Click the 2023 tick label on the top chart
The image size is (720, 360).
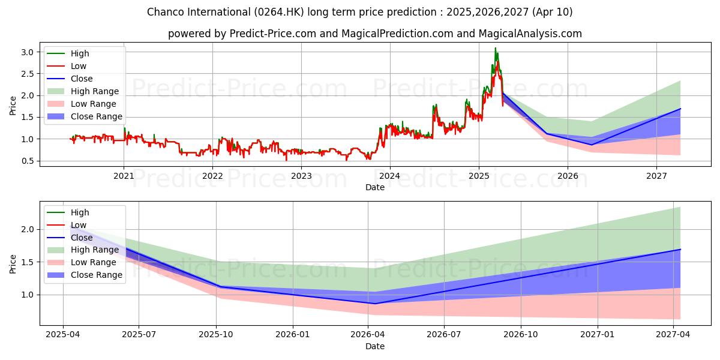301,176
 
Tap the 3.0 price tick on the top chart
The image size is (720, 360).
26,52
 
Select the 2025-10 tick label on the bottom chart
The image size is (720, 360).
216,335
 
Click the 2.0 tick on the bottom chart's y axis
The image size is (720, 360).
26,230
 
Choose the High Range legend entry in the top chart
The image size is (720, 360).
95,91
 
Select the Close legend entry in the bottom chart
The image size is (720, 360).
82,238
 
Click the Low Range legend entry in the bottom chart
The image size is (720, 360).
93,262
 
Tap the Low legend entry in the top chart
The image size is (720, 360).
79,66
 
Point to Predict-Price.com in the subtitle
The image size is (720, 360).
273,34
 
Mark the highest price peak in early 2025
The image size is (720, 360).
495,49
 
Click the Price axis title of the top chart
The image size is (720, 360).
13,106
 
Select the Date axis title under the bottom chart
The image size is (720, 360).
375,346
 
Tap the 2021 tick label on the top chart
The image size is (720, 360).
124,176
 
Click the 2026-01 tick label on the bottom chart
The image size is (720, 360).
292,335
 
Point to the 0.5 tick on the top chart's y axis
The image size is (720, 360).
26,161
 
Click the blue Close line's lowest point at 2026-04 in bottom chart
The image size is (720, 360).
375,304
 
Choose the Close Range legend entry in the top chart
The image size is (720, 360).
96,116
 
